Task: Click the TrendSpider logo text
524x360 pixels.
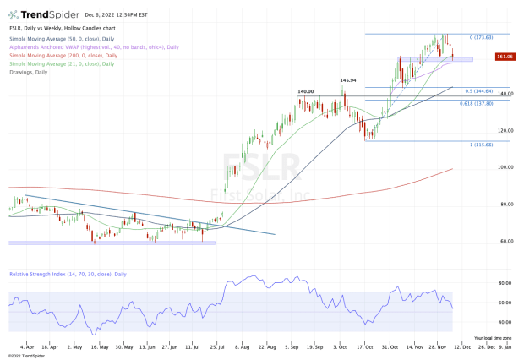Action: (x=46, y=15)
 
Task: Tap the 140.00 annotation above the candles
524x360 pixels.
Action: (x=306, y=91)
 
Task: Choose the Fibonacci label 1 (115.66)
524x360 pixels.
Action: (x=480, y=145)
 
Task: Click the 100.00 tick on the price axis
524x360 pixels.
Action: (x=505, y=167)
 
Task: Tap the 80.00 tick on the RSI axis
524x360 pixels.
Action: (x=505, y=283)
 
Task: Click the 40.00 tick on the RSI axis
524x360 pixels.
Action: (x=505, y=322)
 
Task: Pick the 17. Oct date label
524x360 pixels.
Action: (x=365, y=346)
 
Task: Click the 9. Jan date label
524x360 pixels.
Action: (x=505, y=346)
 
